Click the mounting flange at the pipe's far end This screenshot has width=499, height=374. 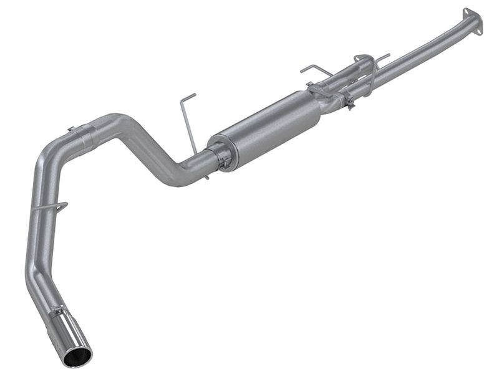click(472, 22)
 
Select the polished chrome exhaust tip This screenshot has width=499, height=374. click(75, 337)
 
